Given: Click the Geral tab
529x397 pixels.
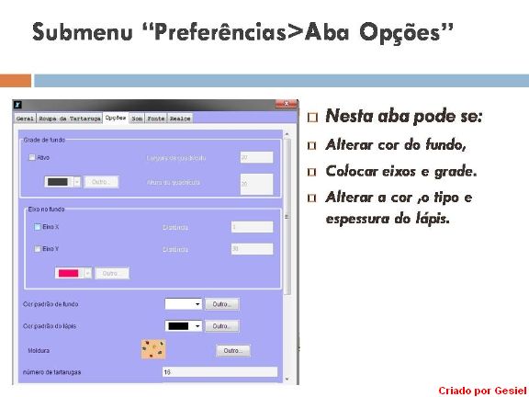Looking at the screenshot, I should click(x=25, y=119).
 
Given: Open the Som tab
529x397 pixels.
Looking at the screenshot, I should click(x=136, y=119).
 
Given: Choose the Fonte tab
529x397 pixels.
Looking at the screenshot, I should click(x=156, y=119).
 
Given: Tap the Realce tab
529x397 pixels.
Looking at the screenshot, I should click(x=180, y=119).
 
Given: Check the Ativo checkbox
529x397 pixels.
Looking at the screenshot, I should click(x=32, y=157).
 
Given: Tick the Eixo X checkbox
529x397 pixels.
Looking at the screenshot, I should click(x=38, y=226).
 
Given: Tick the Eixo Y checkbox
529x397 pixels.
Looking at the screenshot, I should click(x=38, y=249).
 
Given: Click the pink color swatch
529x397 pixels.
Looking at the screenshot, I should click(x=69, y=273).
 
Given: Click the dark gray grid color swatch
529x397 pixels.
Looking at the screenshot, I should click(x=58, y=182).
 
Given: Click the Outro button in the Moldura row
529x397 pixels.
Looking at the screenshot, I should click(x=232, y=350).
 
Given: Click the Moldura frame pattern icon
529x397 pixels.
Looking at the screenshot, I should click(x=152, y=349).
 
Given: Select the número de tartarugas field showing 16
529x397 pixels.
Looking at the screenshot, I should click(x=219, y=372).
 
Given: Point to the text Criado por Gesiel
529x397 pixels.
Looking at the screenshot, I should click(x=482, y=389).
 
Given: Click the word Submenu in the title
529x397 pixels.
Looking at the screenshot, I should click(x=80, y=32).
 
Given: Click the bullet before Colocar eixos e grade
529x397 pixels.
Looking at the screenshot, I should click(x=313, y=172).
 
